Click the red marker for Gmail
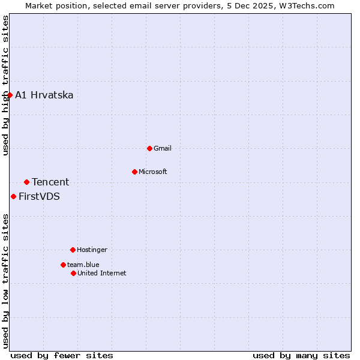[149, 148]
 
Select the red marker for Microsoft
[134, 172]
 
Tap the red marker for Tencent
[26, 182]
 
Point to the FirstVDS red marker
[13, 196]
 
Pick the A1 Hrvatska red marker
[10, 95]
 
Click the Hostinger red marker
[73, 250]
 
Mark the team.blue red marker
[63, 265]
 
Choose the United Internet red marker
[73, 273]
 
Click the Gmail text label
[163, 148]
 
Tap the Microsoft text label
[152, 172]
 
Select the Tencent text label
[50, 182]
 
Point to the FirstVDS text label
[39, 196]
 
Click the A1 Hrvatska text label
[44, 95]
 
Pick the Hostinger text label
[92, 250]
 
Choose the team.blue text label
[83, 265]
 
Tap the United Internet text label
[101, 273]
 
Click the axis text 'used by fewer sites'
[62, 355]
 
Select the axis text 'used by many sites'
[301, 355]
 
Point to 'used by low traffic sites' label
[5, 281]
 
